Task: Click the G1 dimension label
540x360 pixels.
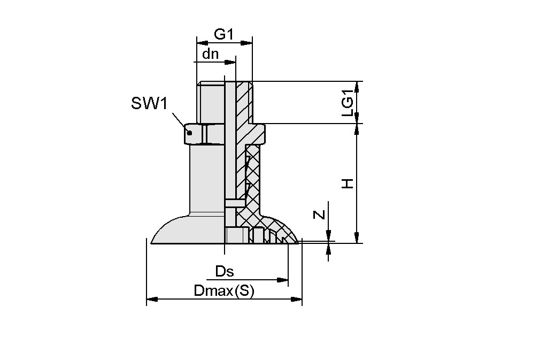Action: tap(224, 35)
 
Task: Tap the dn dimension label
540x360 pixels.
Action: tap(210, 54)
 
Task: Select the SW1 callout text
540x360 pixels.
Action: tap(149, 103)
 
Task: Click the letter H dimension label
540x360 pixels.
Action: tap(348, 183)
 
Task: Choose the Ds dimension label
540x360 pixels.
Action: tap(225, 271)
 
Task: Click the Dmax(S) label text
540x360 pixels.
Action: tap(223, 291)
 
